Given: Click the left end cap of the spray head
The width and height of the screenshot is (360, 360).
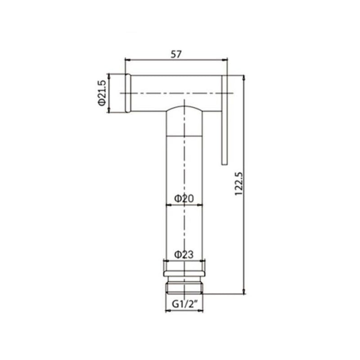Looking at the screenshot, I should pyautogui.click(x=127, y=93).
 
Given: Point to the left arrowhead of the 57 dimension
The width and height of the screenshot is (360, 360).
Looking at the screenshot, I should pyautogui.click(x=126, y=59).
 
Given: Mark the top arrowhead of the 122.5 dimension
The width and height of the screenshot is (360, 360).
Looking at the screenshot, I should pyautogui.click(x=243, y=76).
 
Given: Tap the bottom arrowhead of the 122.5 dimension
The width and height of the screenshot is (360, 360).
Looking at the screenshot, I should pyautogui.click(x=243, y=292).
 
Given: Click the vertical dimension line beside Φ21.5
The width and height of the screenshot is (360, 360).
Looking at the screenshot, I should pyautogui.click(x=108, y=94).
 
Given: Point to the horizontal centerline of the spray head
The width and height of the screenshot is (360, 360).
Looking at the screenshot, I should pyautogui.click(x=180, y=93).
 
